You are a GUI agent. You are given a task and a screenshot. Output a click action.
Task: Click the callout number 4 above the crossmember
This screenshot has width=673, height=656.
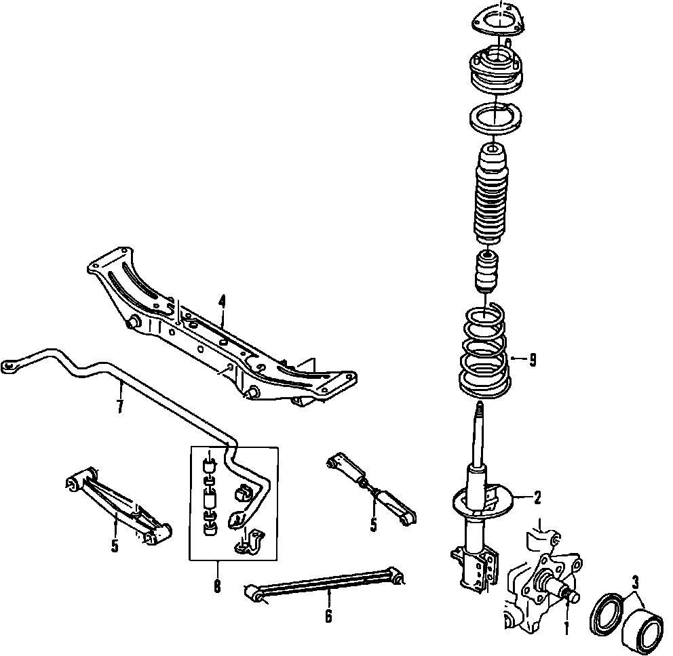(x=221, y=302)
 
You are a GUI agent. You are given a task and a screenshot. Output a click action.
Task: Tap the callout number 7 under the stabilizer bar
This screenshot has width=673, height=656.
(x=120, y=406)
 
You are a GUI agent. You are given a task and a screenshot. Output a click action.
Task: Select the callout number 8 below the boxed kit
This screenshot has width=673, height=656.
(x=217, y=586)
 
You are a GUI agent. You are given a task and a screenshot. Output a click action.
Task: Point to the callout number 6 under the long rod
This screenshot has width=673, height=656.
(x=328, y=616)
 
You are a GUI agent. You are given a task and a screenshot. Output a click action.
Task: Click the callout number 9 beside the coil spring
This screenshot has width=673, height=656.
(x=533, y=360)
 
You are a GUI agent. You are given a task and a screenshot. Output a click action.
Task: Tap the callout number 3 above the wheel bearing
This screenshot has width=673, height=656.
(x=635, y=583)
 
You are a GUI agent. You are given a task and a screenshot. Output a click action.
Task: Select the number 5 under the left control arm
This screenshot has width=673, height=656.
(x=115, y=546)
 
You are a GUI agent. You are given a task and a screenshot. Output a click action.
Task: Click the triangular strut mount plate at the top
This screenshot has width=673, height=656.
(x=499, y=20)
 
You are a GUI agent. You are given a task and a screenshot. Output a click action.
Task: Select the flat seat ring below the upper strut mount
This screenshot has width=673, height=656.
(x=495, y=121)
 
